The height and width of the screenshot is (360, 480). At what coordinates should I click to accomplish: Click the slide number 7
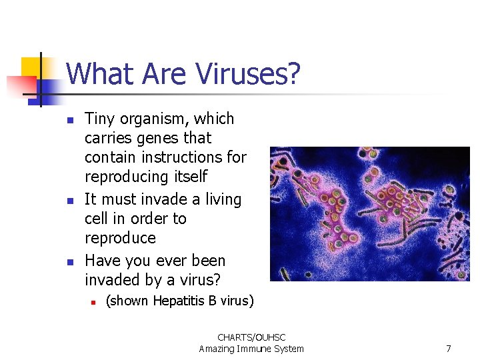[x=449, y=349]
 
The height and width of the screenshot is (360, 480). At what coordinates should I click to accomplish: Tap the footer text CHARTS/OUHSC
[x=251, y=338]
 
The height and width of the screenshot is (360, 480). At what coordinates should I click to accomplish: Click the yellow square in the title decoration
[x=31, y=67]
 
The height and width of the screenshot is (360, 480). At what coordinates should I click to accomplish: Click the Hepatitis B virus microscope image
[x=369, y=213]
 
